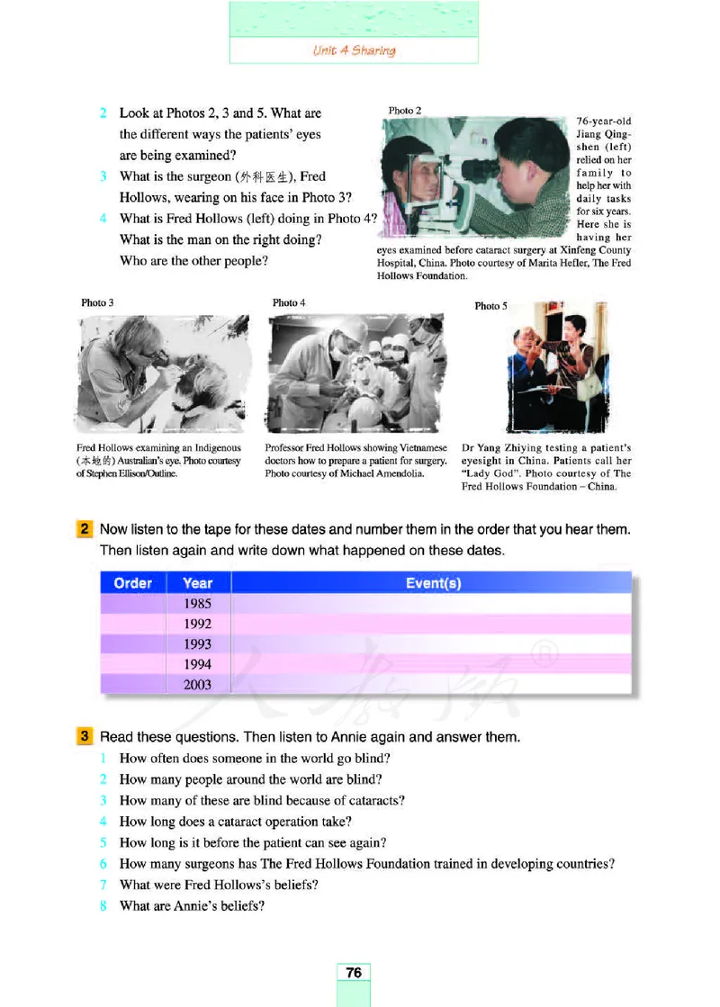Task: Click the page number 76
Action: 354,973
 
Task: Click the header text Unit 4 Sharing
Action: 354,50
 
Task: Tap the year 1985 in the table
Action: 197,604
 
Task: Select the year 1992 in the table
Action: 197,624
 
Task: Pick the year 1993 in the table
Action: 197,644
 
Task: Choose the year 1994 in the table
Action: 197,664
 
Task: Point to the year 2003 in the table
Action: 197,685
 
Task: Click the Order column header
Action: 133,583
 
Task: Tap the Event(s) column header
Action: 433,583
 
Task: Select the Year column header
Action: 197,583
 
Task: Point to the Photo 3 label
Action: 97,303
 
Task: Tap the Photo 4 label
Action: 289,303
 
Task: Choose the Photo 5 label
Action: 490,306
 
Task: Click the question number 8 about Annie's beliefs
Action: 104,905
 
